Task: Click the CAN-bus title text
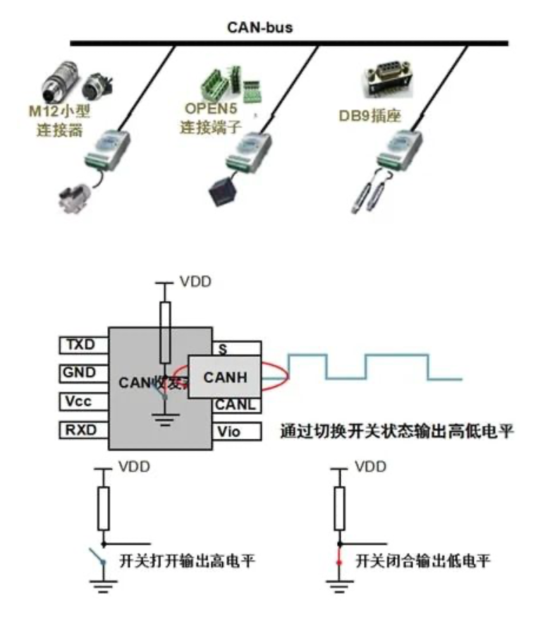pos(260,28)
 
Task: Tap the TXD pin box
pos(84,345)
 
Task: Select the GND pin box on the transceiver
pos(84,373)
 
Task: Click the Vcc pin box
pos(84,401)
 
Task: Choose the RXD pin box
pos(84,429)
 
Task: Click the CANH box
pos(224,377)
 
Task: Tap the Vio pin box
pos(236,430)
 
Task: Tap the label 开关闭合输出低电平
pos(423,561)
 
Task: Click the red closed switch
pos(339,562)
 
